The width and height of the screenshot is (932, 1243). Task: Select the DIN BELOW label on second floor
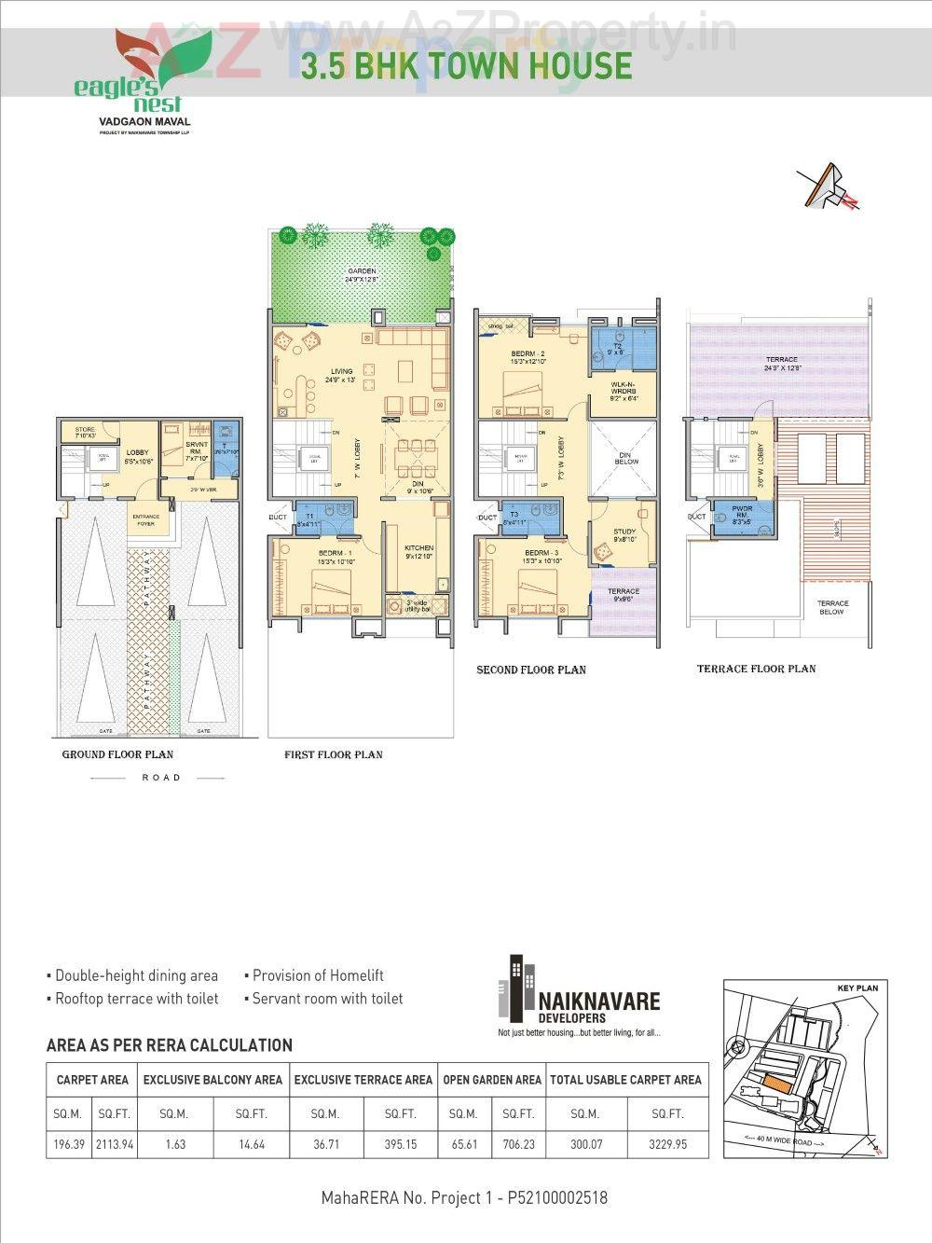(626, 457)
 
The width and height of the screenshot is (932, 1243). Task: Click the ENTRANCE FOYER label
(145, 519)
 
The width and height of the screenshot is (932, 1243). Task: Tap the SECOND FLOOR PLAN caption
(531, 670)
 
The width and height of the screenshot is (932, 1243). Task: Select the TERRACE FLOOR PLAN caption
(756, 669)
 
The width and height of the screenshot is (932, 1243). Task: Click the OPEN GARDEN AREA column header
(492, 1080)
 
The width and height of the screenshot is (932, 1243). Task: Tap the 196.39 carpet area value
(69, 1143)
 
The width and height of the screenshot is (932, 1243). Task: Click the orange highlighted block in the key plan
(774, 1082)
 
